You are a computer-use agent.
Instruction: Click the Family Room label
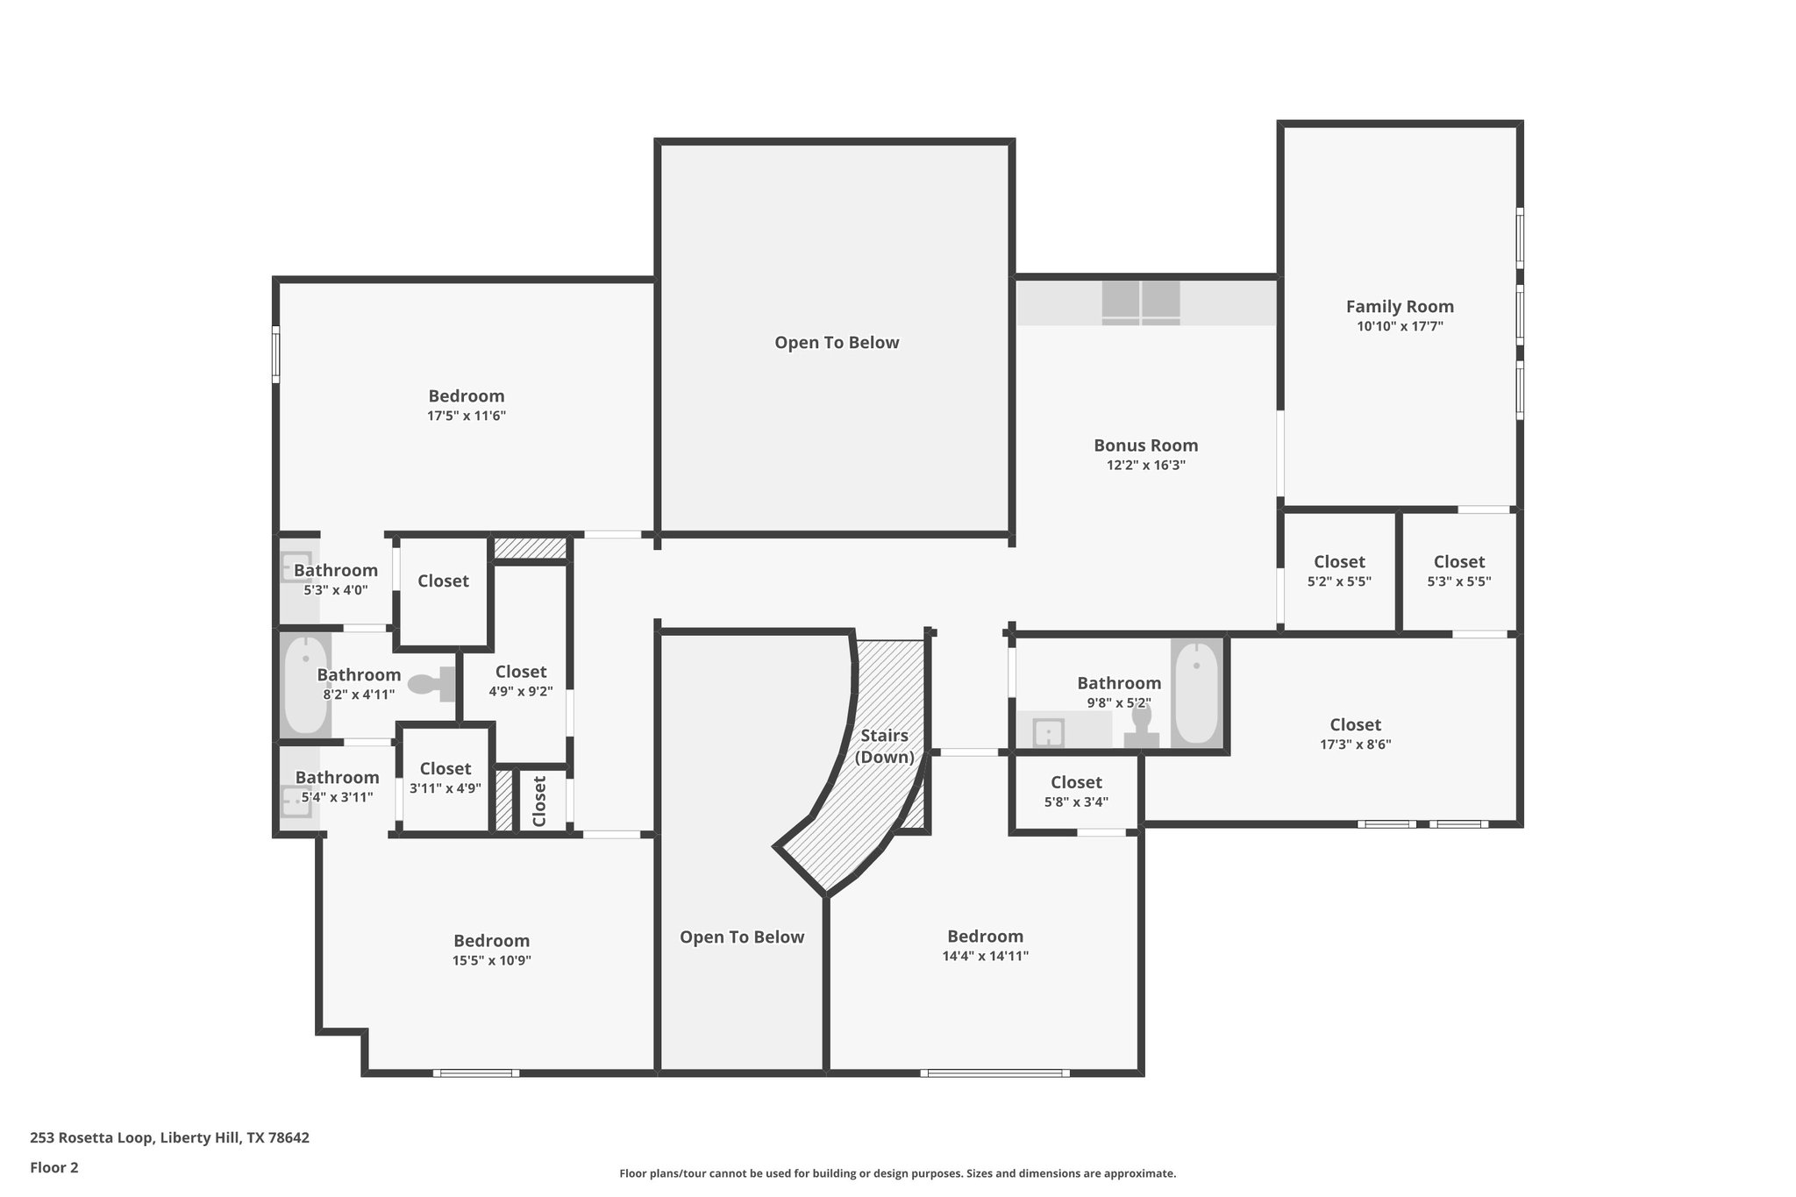(1400, 307)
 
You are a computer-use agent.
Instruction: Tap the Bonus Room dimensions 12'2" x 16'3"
(1145, 466)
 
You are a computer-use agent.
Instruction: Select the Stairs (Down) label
(884, 746)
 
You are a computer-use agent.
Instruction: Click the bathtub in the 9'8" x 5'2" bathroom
(1196, 693)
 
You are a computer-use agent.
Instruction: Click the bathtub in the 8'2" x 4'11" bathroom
(305, 685)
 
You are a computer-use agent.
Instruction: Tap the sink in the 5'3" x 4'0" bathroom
(296, 566)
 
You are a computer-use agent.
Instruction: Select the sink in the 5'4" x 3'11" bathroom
(296, 802)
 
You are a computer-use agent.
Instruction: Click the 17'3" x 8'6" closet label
(1355, 725)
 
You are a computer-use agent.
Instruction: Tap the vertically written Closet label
(539, 800)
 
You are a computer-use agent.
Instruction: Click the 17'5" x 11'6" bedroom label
(466, 396)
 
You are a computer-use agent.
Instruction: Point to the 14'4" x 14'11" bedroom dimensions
(985, 957)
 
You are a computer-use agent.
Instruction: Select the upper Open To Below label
(837, 343)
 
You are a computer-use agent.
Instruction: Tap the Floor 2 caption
(54, 1168)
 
